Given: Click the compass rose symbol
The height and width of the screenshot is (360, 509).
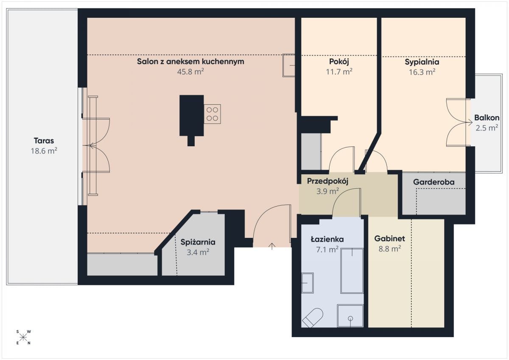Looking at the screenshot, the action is tap(23, 337).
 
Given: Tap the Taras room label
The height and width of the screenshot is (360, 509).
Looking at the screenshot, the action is tap(44, 141).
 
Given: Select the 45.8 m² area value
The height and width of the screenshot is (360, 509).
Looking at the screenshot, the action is tap(190, 72).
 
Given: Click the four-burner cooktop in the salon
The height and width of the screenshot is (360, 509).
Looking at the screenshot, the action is tap(212, 114).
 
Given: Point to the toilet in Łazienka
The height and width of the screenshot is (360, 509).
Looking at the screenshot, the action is tap(313, 318).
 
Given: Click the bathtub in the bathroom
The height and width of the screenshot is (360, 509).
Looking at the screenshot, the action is tap(352, 271).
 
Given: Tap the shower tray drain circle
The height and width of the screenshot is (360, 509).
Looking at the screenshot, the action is tap(350, 318).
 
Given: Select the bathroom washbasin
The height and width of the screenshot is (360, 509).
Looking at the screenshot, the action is tap(308, 283).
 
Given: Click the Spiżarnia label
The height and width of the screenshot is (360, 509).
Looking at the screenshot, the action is tap(198, 242).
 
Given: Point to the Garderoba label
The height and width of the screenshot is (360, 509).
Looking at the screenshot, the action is tap(434, 182).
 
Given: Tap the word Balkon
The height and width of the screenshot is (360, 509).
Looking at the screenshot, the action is tap(487, 117).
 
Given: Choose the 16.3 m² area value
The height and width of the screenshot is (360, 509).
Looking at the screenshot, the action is tap(422, 72).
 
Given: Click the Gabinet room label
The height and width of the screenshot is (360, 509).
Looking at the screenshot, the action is tap(390, 238).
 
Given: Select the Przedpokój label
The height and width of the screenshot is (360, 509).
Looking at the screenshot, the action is tap(327, 181).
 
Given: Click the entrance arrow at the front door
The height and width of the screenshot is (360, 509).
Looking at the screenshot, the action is tap(272, 246).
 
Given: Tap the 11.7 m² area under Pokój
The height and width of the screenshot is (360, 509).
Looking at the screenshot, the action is tap(339, 72).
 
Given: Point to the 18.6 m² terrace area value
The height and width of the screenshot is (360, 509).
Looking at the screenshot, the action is tap(44, 151).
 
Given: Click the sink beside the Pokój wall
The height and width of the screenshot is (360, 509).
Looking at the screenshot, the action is tap(289, 65).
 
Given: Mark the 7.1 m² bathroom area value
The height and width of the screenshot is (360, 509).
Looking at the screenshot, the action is tap(327, 250).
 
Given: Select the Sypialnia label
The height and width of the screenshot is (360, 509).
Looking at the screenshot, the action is tap(422, 62).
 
